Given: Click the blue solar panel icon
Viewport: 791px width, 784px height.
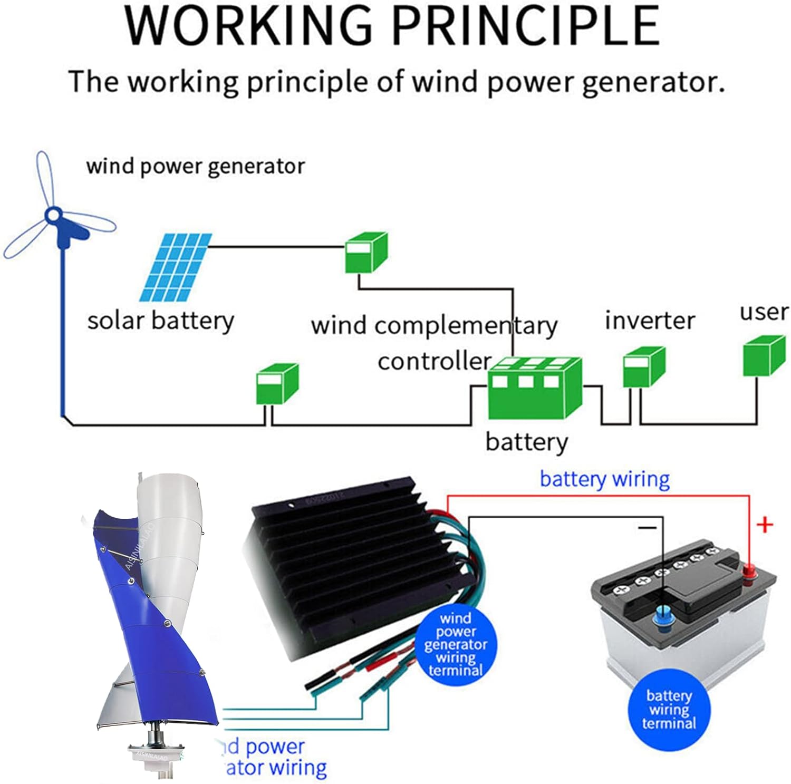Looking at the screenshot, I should [176, 267].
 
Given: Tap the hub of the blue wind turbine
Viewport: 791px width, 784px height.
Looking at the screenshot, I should [53, 215].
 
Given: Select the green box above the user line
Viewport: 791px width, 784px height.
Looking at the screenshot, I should [764, 356].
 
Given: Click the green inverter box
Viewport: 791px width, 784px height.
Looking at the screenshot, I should [643, 367].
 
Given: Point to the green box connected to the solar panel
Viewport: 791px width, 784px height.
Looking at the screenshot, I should [366, 253].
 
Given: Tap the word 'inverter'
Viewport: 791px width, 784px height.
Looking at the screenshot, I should [650, 321].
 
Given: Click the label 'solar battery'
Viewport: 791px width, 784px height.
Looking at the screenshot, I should [160, 321].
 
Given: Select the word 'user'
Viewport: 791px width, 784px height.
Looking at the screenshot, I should [764, 312].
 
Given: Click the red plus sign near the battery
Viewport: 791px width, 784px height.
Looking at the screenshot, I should [765, 525].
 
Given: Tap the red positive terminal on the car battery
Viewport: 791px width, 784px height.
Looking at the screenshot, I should [749, 570].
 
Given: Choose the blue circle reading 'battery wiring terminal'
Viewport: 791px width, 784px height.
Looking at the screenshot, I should [669, 710].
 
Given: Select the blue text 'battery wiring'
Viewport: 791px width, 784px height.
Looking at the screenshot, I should [604, 479].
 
